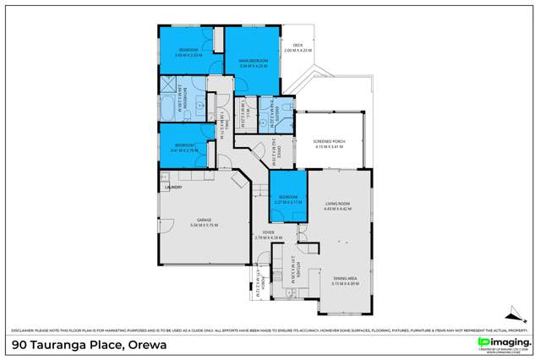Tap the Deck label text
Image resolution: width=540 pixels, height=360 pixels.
click(297, 45)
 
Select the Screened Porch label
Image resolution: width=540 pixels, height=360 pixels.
click(328, 142)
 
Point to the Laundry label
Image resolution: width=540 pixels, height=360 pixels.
click(173, 188)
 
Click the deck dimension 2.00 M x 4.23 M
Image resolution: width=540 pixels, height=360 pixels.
click(297, 51)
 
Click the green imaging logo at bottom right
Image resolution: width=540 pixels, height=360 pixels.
click(498, 341)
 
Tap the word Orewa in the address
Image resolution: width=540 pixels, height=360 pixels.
click(145, 344)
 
